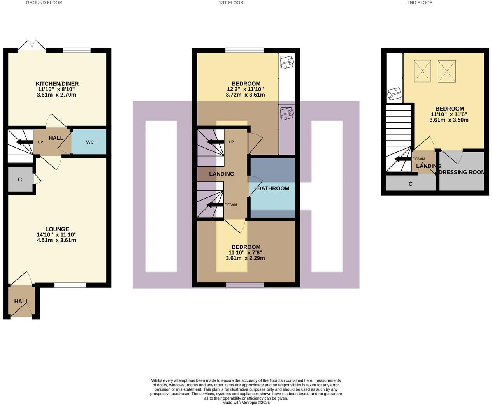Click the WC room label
(x=90, y=142)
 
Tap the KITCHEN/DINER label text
(x=57, y=84)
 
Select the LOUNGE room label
(x=57, y=229)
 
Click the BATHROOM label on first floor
(x=273, y=188)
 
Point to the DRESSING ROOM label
(x=462, y=172)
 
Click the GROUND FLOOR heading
(x=44, y=2)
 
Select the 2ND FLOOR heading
(x=420, y=2)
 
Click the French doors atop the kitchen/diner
(x=32, y=45)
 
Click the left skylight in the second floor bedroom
(x=422, y=71)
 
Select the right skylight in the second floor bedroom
(x=446, y=71)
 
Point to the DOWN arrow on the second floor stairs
(x=402, y=159)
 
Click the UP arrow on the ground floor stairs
(x=24, y=142)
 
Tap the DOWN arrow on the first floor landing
(x=214, y=205)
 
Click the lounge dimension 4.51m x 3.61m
(x=56, y=240)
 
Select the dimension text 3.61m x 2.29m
(x=245, y=258)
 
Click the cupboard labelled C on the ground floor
(x=20, y=180)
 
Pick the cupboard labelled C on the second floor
(x=411, y=184)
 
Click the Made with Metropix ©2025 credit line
(x=246, y=403)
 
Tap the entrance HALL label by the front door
(x=21, y=301)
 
